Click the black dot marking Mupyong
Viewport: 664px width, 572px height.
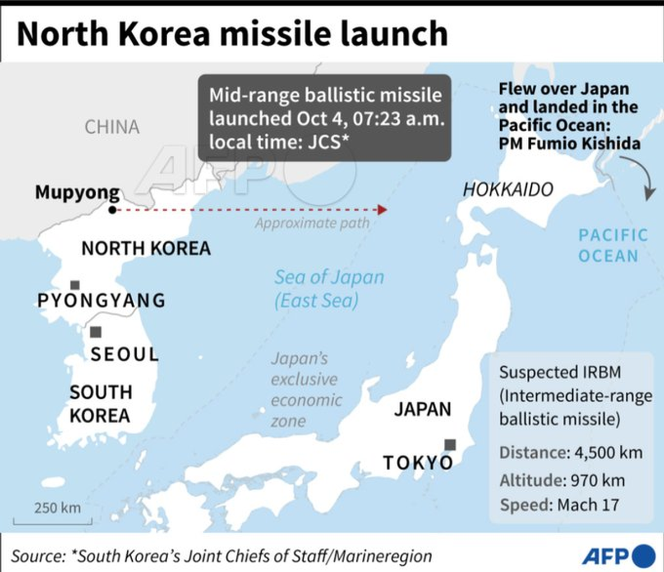tap(112, 210)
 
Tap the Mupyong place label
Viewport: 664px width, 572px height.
tap(77, 193)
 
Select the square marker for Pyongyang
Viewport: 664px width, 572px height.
tap(75, 285)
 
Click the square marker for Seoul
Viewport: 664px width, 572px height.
tap(96, 332)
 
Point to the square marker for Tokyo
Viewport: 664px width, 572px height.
tap(450, 444)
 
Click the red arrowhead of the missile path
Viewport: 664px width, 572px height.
tap(382, 210)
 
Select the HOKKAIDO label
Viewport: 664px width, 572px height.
tap(508, 190)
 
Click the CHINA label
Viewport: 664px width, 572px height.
tap(112, 127)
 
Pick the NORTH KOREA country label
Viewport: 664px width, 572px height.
tap(146, 248)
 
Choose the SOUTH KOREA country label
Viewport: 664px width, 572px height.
tap(100, 404)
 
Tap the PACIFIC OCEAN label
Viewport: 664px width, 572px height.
tap(613, 245)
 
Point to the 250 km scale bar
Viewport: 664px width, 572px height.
tap(46, 520)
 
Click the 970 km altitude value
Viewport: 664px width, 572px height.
tap(599, 479)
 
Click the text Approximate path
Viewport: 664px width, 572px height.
tap(312, 223)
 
